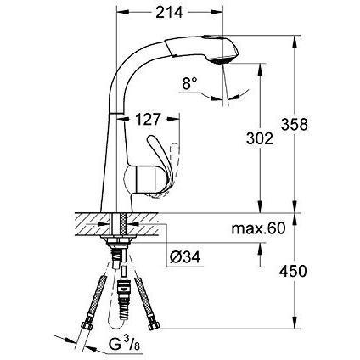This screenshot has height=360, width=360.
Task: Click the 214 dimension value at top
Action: (x=169, y=12)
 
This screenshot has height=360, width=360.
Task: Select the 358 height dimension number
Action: (x=295, y=124)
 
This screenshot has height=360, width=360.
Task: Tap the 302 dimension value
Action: (x=260, y=138)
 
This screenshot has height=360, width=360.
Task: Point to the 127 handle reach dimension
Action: (x=148, y=120)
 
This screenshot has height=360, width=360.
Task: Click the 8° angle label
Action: (x=189, y=84)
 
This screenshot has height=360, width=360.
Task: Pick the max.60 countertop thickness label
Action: (x=258, y=228)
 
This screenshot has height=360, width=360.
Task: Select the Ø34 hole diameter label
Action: (x=185, y=257)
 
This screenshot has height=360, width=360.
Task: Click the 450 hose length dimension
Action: (x=293, y=272)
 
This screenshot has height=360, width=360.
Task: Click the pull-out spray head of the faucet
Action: (x=203, y=48)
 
